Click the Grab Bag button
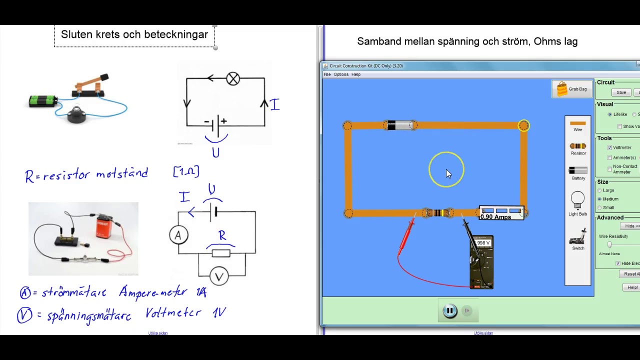tap(572, 89)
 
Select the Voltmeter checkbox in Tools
tap(609, 147)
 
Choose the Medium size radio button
tap(599, 199)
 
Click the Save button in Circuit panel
tap(621, 92)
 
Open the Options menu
tap(341, 74)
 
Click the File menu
tap(327, 74)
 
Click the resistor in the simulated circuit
tap(438, 213)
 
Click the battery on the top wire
tap(400, 125)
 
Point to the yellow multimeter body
tap(481, 262)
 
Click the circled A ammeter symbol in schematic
tap(178, 235)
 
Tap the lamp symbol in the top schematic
tap(233, 78)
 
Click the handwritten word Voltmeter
tap(173, 313)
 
